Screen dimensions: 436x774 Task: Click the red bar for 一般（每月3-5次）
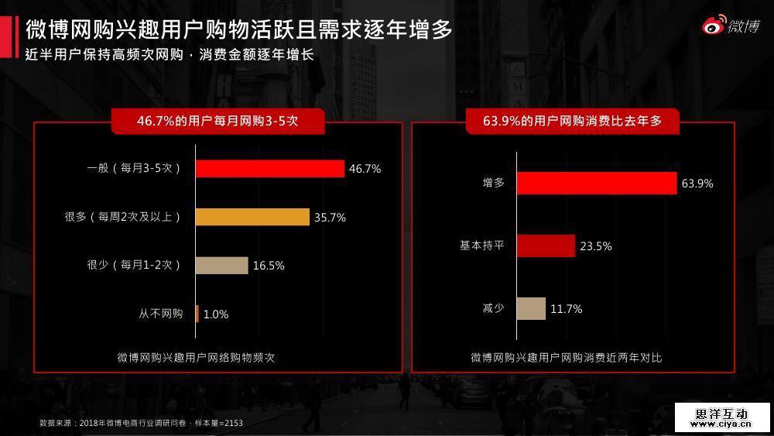point(269,168)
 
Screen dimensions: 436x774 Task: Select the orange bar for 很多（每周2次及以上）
point(252,217)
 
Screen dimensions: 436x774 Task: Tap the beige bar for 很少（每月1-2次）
point(221,266)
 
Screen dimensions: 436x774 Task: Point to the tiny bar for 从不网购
point(197,314)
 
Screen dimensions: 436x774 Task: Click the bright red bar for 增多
point(597,183)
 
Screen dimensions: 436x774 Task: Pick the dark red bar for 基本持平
point(546,245)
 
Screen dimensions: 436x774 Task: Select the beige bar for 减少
point(531,308)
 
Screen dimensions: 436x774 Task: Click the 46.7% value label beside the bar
point(365,169)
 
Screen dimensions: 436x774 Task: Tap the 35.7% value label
point(330,218)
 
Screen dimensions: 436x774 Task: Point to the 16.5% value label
point(269,266)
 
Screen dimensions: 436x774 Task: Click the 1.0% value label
point(216,314)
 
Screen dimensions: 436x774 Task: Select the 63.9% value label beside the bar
point(697,184)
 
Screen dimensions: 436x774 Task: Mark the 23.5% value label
point(596,246)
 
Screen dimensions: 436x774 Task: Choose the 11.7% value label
point(566,309)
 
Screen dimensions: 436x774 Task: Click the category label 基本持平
point(482,245)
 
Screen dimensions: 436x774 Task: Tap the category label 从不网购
point(161,314)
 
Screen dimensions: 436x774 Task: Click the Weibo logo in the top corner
point(730,26)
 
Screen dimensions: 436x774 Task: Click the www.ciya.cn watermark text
point(724,424)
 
